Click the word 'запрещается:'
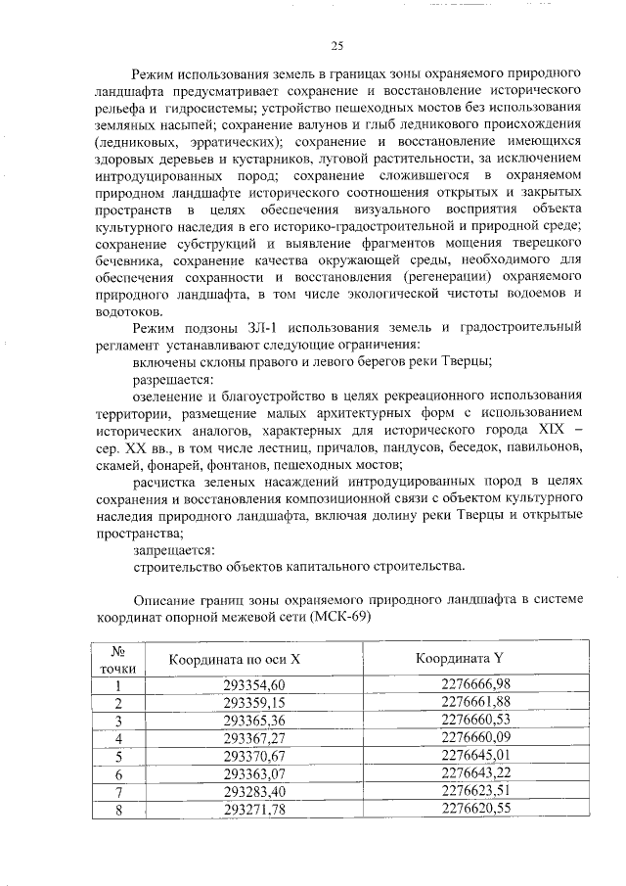pyautogui.click(x=174, y=551)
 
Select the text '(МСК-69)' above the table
pyautogui.click(x=337, y=617)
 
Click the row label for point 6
pyautogui.click(x=117, y=774)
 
